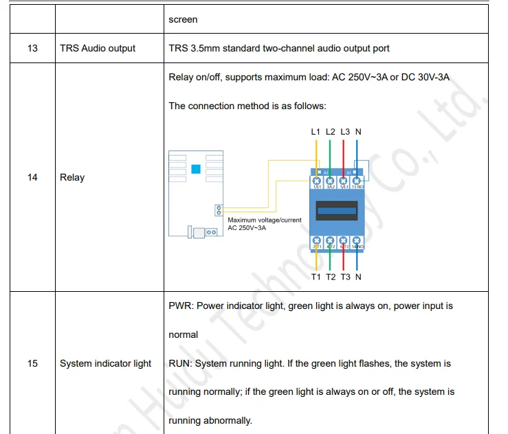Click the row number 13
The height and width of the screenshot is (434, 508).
(32, 48)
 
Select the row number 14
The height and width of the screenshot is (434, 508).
(32, 177)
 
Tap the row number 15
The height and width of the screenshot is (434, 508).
(32, 363)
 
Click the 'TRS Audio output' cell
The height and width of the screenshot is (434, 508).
(98, 48)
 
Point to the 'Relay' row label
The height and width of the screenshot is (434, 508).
(72, 177)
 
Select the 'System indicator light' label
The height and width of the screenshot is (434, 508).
(105, 363)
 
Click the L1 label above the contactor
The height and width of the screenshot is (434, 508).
(316, 131)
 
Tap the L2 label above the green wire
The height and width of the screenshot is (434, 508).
(331, 131)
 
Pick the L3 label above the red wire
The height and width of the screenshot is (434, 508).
(345, 131)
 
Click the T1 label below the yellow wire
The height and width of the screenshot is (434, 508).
(316, 277)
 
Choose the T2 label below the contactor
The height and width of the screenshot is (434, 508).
(331, 277)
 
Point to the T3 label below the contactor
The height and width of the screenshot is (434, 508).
(345, 277)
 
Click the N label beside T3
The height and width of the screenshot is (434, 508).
(358, 277)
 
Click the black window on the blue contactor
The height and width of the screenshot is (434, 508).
(336, 210)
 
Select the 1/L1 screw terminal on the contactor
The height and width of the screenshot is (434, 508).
(317, 183)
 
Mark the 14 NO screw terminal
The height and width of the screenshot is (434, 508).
(358, 242)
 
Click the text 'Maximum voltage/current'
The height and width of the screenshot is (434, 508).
(265, 220)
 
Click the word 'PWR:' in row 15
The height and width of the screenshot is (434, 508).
(181, 306)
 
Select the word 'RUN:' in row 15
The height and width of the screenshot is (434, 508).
(181, 363)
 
